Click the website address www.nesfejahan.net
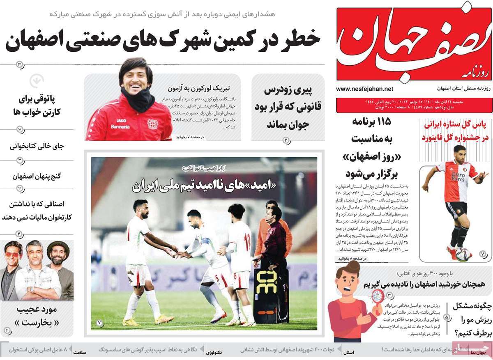[x=364, y=89]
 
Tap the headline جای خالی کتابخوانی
[x=37, y=146]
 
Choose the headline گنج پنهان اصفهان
[x=37, y=177]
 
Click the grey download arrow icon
[x=37, y=80]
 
